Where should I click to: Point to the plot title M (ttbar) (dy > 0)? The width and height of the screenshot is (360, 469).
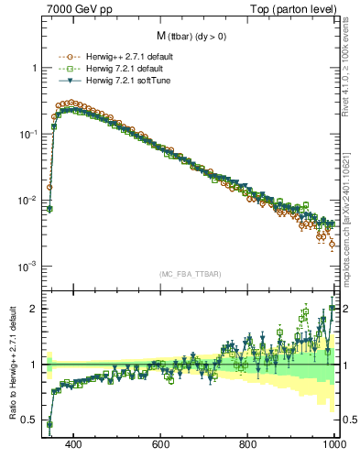(186, 37)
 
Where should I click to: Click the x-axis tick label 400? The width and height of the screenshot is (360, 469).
(74, 445)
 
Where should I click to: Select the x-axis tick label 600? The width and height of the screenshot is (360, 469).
(161, 445)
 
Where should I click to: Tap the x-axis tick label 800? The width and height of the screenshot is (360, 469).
(248, 445)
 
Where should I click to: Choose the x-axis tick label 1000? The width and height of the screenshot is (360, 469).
(333, 445)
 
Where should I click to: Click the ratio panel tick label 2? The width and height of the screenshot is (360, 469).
(33, 309)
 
